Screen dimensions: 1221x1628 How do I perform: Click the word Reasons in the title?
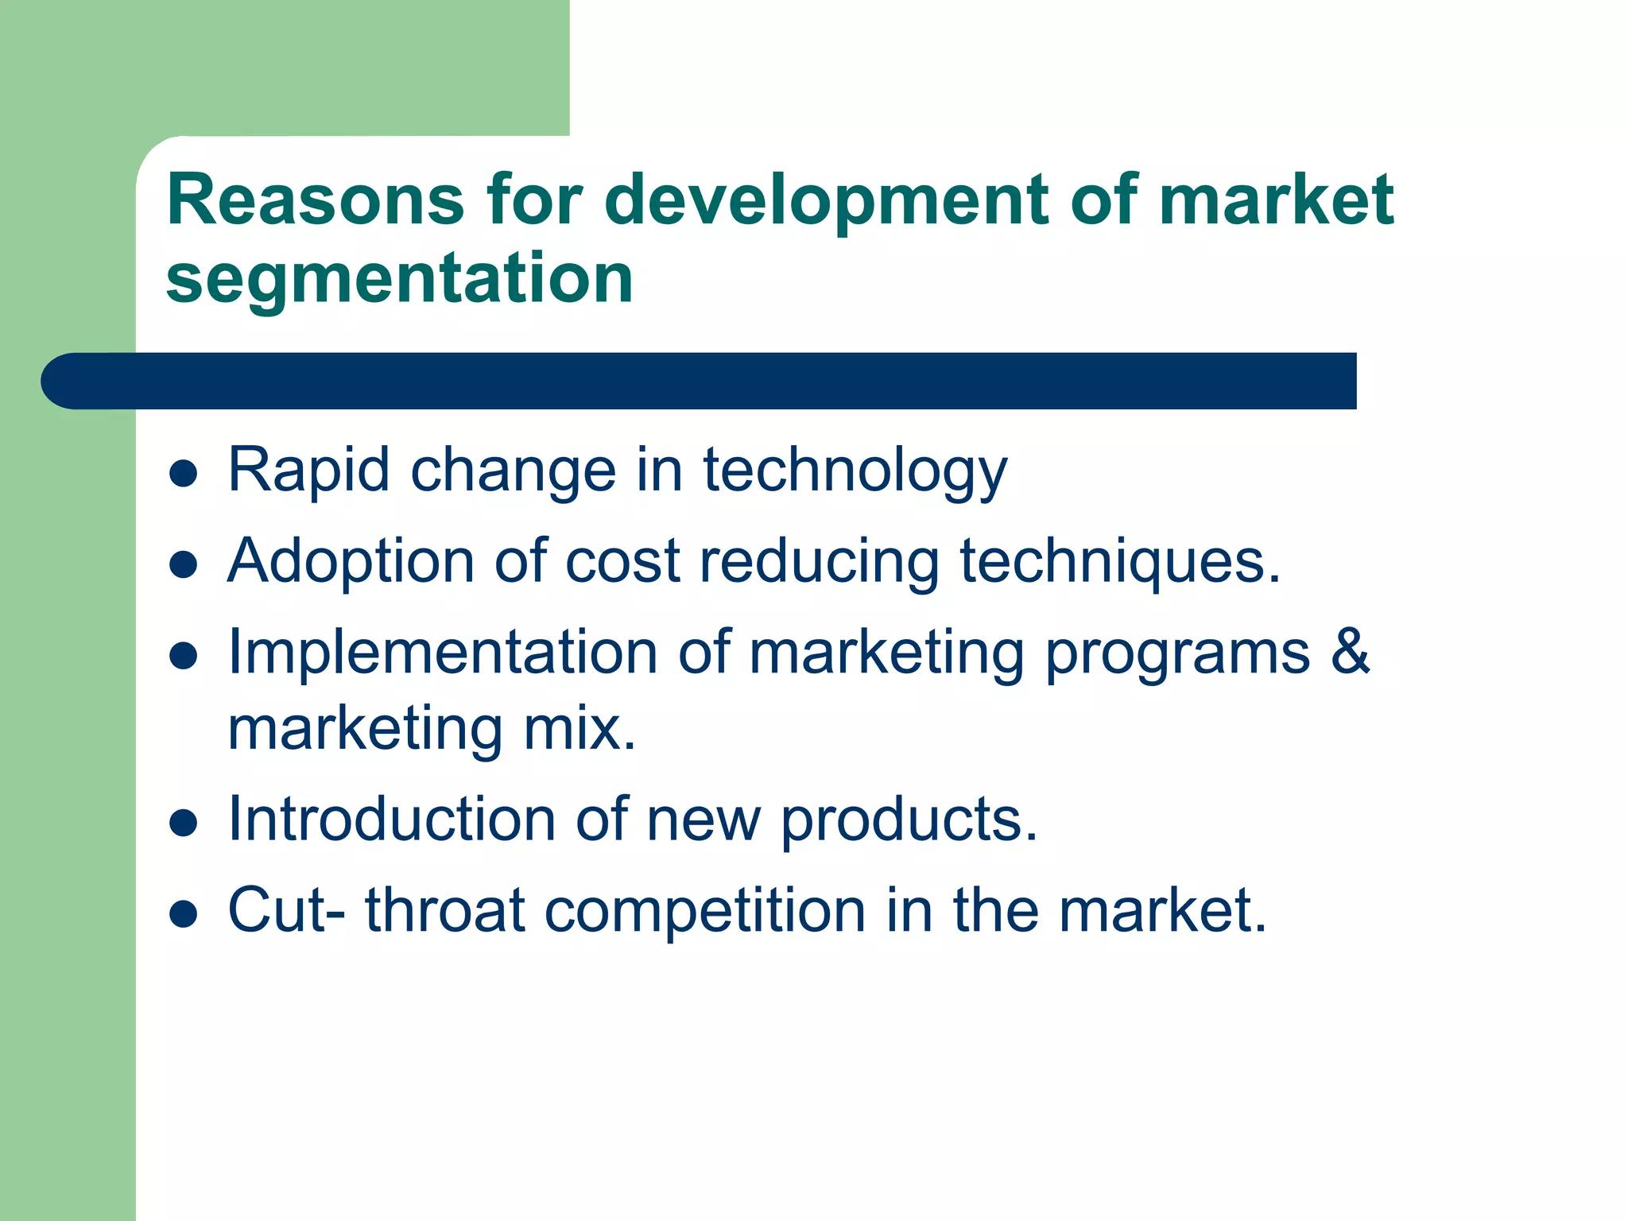[x=315, y=200]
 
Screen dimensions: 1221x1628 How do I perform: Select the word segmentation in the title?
[x=399, y=278]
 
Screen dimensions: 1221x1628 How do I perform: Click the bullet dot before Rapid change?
[x=184, y=474]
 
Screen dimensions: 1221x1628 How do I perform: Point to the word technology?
[x=855, y=471]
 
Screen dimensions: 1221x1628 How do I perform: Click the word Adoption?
[x=351, y=561]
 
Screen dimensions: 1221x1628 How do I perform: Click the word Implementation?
[x=442, y=653]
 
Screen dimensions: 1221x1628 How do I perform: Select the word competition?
[x=704, y=910]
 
